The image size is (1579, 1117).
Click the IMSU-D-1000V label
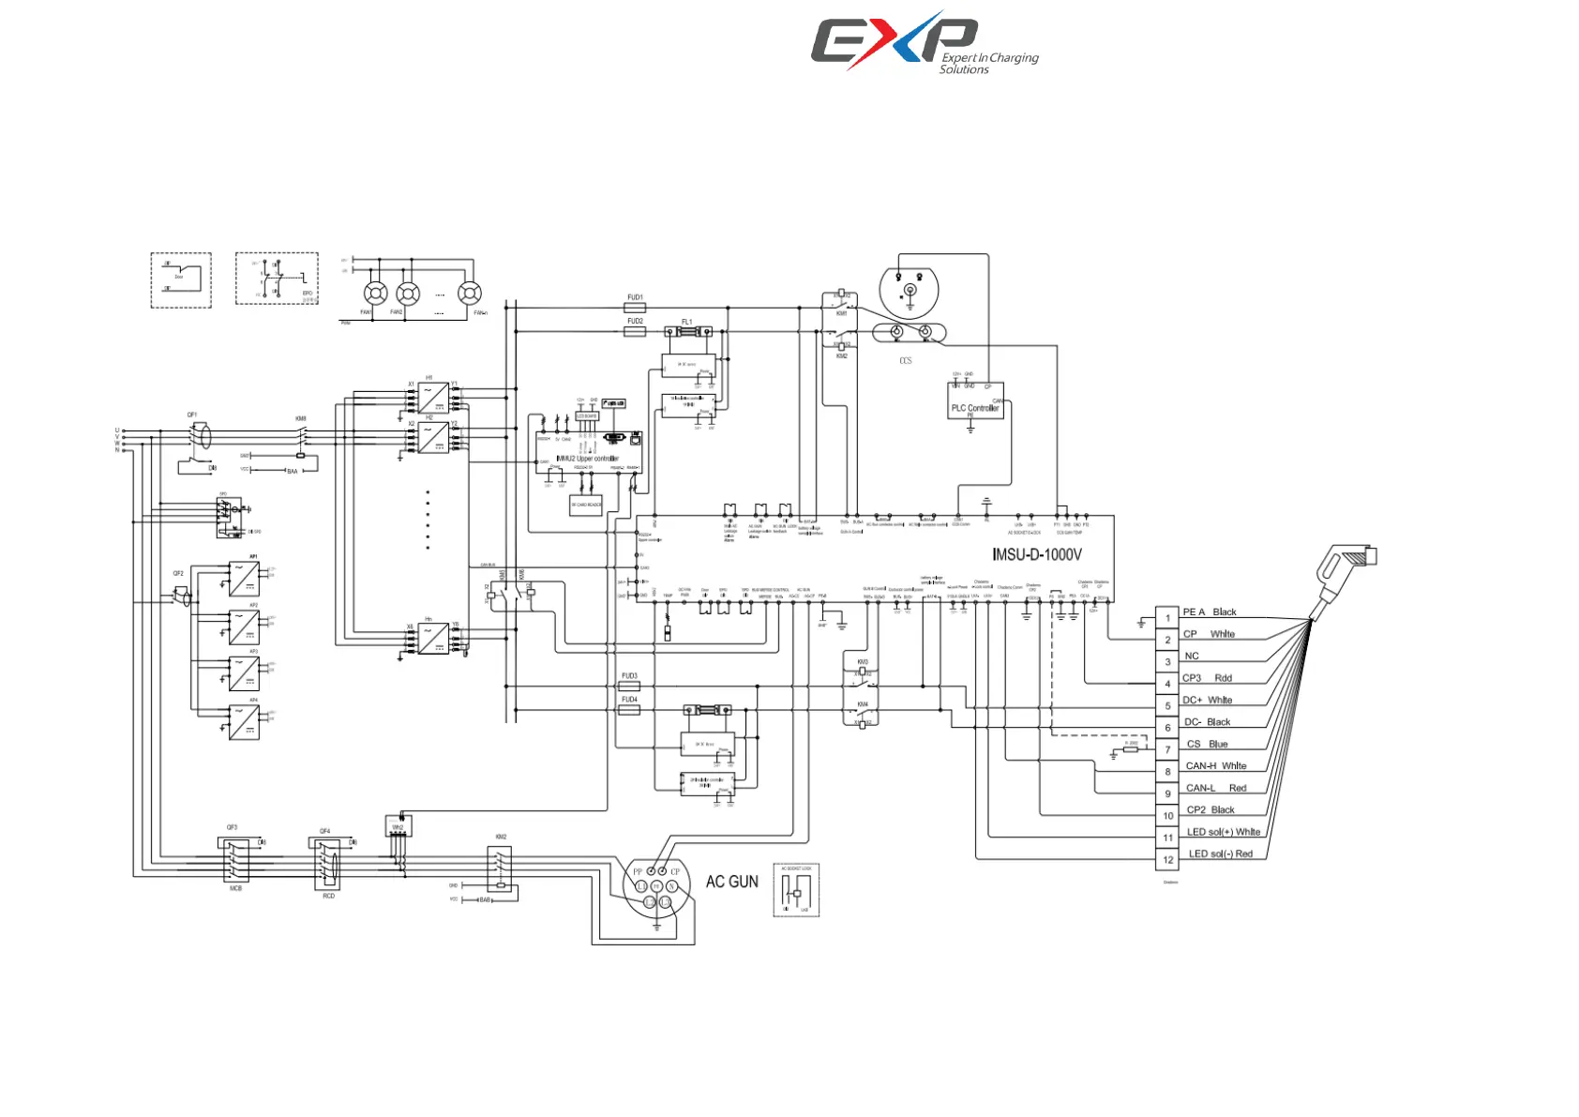click(x=1036, y=554)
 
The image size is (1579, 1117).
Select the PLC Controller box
click(x=975, y=400)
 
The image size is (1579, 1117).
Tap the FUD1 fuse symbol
click(x=635, y=308)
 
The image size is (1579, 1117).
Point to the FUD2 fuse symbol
click(x=635, y=331)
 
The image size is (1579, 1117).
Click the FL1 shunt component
click(x=687, y=332)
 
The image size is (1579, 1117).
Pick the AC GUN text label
click(x=731, y=882)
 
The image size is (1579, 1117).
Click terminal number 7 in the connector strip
click(x=1167, y=750)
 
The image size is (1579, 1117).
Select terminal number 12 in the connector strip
click(x=1167, y=860)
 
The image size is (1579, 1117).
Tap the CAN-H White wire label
click(x=1215, y=766)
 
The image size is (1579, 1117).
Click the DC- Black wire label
click(x=1207, y=722)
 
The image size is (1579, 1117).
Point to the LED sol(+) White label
click(x=1223, y=832)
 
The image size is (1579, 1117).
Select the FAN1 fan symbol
click(x=375, y=294)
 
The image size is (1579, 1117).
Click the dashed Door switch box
click(x=181, y=279)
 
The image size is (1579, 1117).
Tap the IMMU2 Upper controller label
click(x=587, y=459)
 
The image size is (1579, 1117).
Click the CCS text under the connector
click(x=905, y=361)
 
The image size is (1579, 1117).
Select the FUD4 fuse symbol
click(x=629, y=711)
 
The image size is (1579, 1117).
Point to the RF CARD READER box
click(x=586, y=506)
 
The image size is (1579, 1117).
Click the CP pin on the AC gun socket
click(x=663, y=872)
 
